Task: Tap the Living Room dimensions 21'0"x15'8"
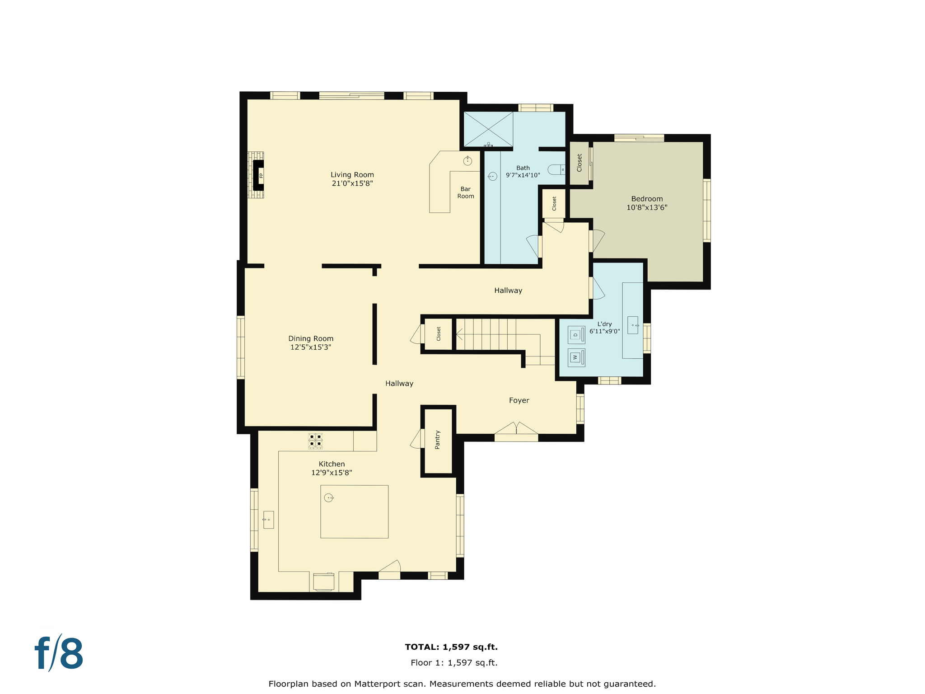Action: [x=352, y=183]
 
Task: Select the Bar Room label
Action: [x=466, y=192]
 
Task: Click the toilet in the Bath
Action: [x=556, y=169]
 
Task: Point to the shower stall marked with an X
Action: [x=488, y=129]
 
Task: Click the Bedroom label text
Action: [x=647, y=199]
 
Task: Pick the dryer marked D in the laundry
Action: [x=576, y=335]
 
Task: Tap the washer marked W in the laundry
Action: [x=576, y=357]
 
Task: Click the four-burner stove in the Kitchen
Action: [x=315, y=441]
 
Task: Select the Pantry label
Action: [x=437, y=440]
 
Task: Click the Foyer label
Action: [x=519, y=400]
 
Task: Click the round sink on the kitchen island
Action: [x=329, y=498]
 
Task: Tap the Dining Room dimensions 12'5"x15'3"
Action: [x=311, y=347]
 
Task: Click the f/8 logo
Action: [x=59, y=653]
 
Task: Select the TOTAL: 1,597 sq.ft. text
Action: [x=451, y=647]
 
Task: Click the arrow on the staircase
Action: [x=460, y=335]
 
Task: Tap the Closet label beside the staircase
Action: [x=439, y=334]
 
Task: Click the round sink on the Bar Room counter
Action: [x=467, y=160]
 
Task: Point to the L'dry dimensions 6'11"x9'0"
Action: [x=604, y=331]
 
